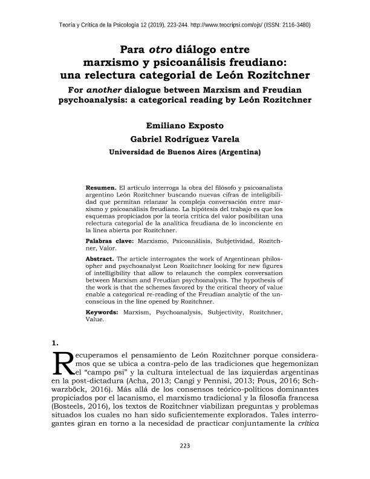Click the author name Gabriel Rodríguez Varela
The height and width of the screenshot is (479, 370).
point(184,138)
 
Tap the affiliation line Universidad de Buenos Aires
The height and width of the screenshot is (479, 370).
point(184,152)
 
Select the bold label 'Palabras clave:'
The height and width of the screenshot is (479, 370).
point(110,241)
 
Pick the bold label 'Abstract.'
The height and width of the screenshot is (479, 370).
point(100,258)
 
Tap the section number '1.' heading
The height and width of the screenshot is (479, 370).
point(57,344)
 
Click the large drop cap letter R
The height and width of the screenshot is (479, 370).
point(63,363)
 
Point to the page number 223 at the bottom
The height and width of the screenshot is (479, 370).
point(185,463)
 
